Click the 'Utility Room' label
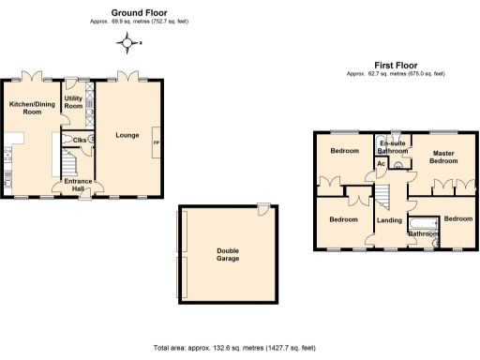click(73, 101)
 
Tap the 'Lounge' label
click(127, 136)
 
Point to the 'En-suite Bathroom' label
click(392, 147)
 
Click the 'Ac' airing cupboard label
click(381, 164)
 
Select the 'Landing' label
click(389, 221)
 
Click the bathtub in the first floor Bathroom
click(425, 224)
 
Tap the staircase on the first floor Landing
click(383, 194)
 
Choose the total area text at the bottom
click(240, 347)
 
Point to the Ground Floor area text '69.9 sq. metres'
click(141, 21)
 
